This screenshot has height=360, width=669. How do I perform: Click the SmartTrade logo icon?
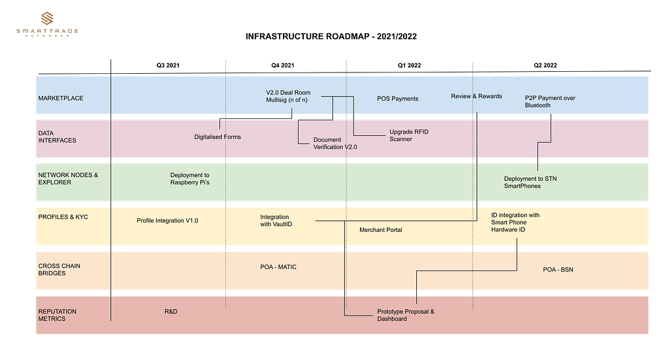[47, 18]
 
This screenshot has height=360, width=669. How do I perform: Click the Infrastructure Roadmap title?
[331, 37]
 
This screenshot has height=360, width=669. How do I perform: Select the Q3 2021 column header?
[168, 65]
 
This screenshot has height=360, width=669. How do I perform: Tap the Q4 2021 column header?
[282, 65]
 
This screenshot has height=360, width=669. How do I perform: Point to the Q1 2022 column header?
[409, 65]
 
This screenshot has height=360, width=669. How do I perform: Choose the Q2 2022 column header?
[546, 65]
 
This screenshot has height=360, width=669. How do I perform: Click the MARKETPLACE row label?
[61, 98]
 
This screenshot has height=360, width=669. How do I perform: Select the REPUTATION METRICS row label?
[57, 315]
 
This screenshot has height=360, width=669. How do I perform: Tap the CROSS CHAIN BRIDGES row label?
[59, 270]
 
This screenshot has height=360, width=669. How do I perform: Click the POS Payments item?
[398, 99]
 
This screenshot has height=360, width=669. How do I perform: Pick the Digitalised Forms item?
[218, 137]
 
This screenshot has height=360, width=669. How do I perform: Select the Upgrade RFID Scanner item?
[409, 135]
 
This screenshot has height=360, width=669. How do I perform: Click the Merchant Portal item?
[381, 230]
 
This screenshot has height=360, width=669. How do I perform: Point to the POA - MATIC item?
[278, 267]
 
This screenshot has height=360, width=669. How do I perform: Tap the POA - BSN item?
[558, 270]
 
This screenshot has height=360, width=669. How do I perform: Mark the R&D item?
[171, 312]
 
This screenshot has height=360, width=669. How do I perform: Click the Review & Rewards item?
[476, 97]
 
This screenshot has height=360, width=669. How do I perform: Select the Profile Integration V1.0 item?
[167, 221]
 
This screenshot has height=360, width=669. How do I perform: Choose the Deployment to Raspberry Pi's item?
[190, 179]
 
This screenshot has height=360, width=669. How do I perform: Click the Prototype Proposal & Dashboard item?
[406, 315]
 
